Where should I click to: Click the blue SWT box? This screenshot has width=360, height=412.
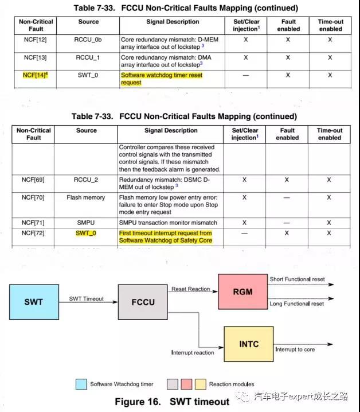coord(33,302)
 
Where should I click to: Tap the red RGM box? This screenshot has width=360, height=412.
coord(242,291)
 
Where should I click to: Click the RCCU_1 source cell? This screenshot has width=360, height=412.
coord(87,58)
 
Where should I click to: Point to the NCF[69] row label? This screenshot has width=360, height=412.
coord(36,180)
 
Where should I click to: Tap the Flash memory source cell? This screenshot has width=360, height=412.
coord(87,197)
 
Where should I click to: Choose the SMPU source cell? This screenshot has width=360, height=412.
coord(87,223)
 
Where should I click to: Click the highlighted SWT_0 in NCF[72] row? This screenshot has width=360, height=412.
coord(87,234)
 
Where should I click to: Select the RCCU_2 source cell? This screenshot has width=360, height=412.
coord(87,180)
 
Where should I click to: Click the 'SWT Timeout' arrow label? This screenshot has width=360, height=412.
coord(87,298)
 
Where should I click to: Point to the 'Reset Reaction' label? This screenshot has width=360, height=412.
coord(191,289)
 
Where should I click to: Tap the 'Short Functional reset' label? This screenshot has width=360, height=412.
coord(297,279)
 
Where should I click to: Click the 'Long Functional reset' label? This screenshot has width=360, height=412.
coord(297,304)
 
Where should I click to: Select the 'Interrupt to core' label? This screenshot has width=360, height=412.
coord(294,349)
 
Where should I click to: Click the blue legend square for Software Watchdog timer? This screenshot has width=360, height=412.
coord(81,383)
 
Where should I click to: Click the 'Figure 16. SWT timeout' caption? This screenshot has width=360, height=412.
coord(172,401)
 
